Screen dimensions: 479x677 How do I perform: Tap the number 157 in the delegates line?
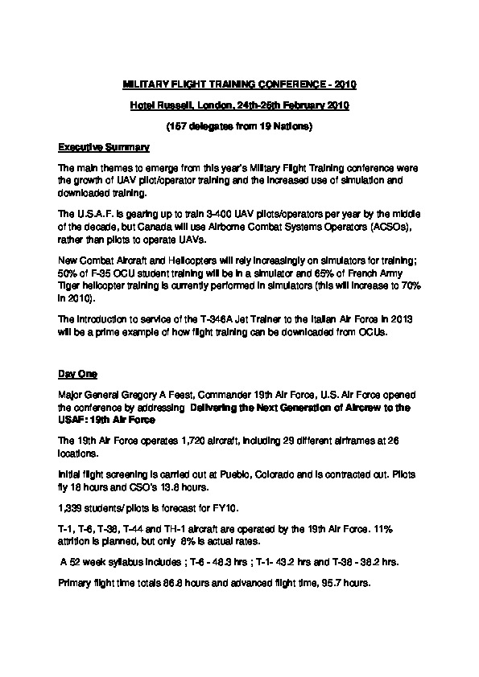click(x=176, y=127)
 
